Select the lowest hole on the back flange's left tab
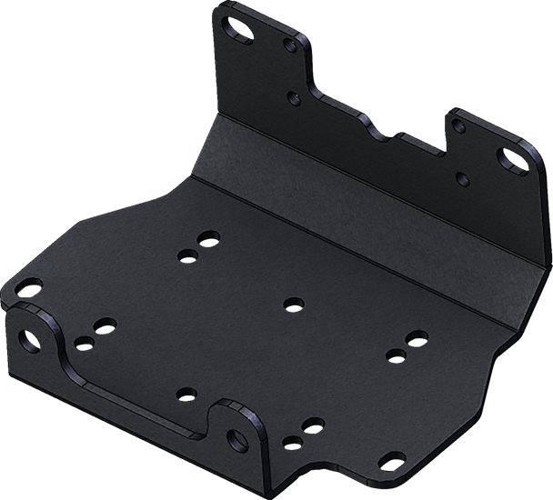click(293, 95)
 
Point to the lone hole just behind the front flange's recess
click(186, 394)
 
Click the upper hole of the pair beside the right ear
click(315, 425)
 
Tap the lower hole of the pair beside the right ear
click(292, 441)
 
